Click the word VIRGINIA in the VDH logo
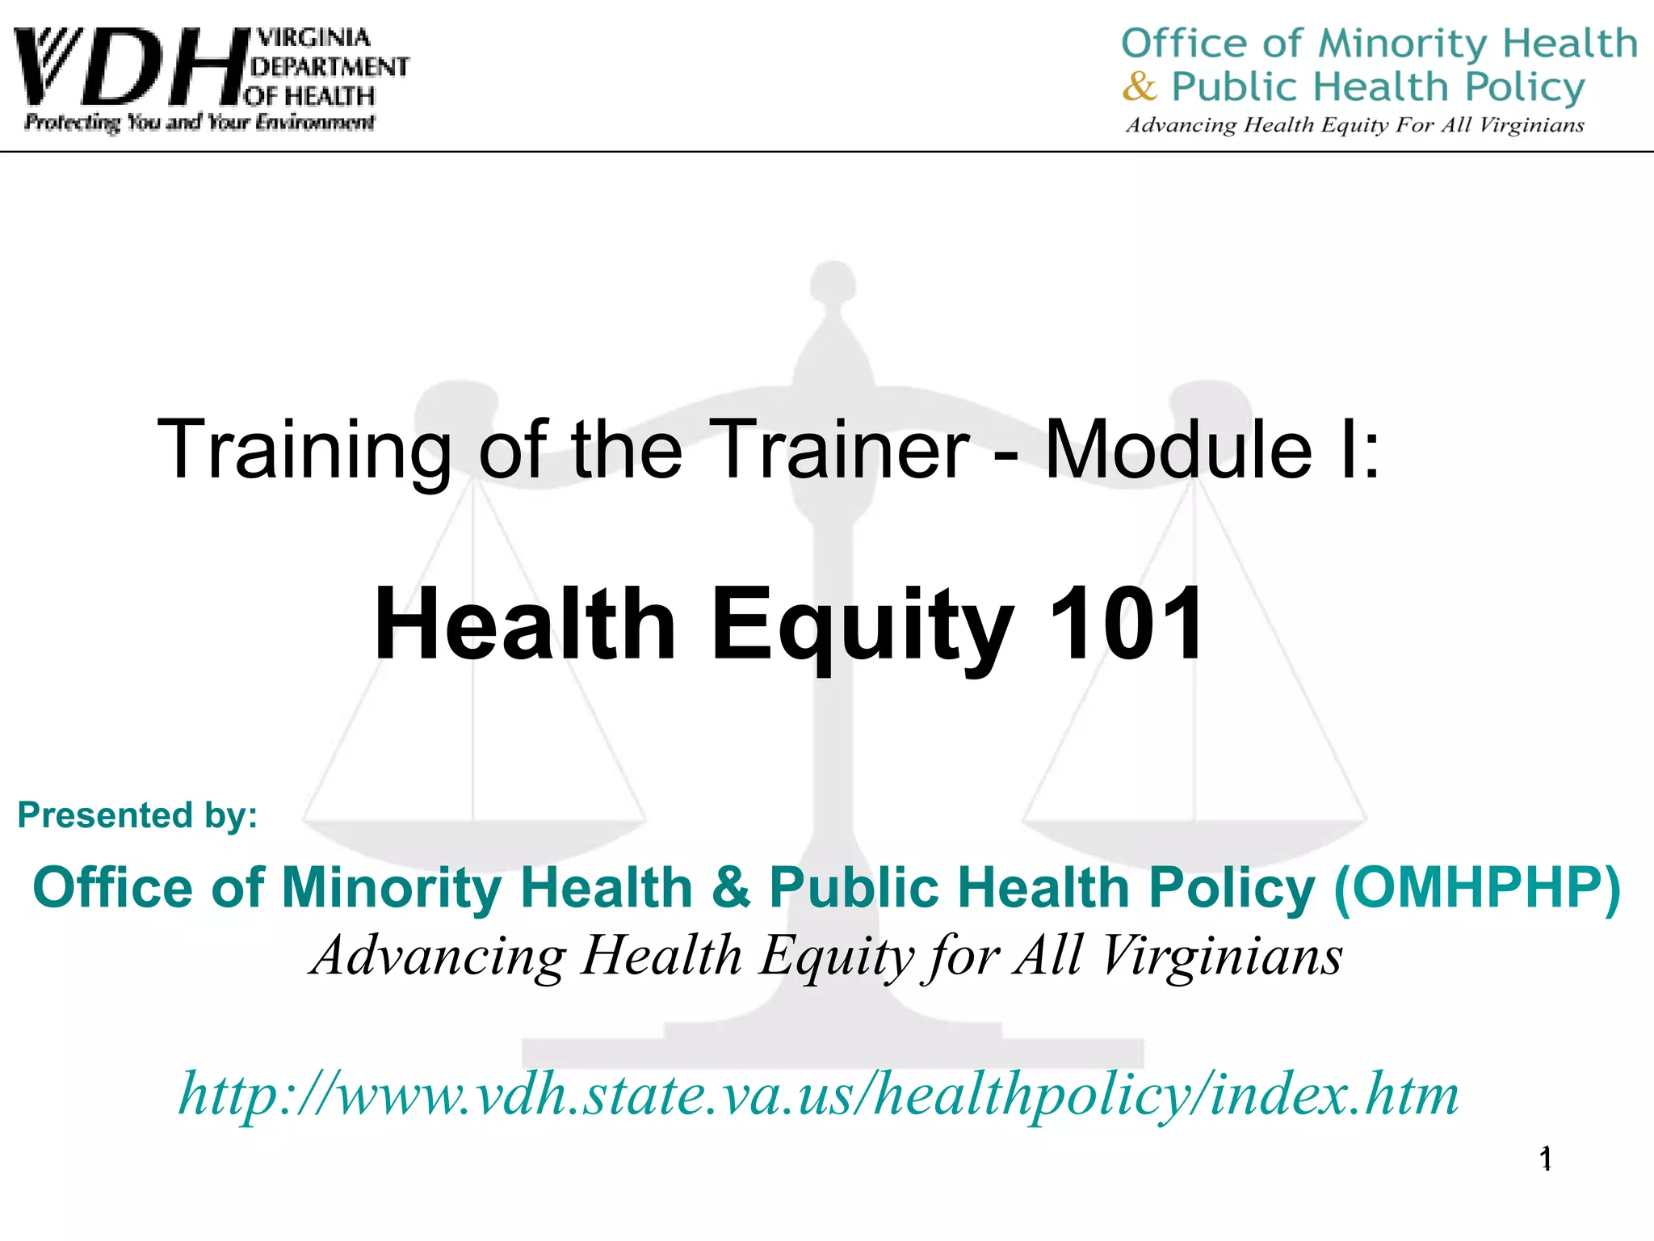tap(313, 38)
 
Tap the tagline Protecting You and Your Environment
tap(199, 123)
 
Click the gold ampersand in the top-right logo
tap(1140, 86)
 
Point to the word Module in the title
tap(1178, 450)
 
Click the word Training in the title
tap(304, 450)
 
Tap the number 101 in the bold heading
tap(1125, 625)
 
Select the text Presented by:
tap(138, 814)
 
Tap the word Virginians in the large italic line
tap(1221, 957)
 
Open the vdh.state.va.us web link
tap(818, 1095)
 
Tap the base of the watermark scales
tap(832, 1050)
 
